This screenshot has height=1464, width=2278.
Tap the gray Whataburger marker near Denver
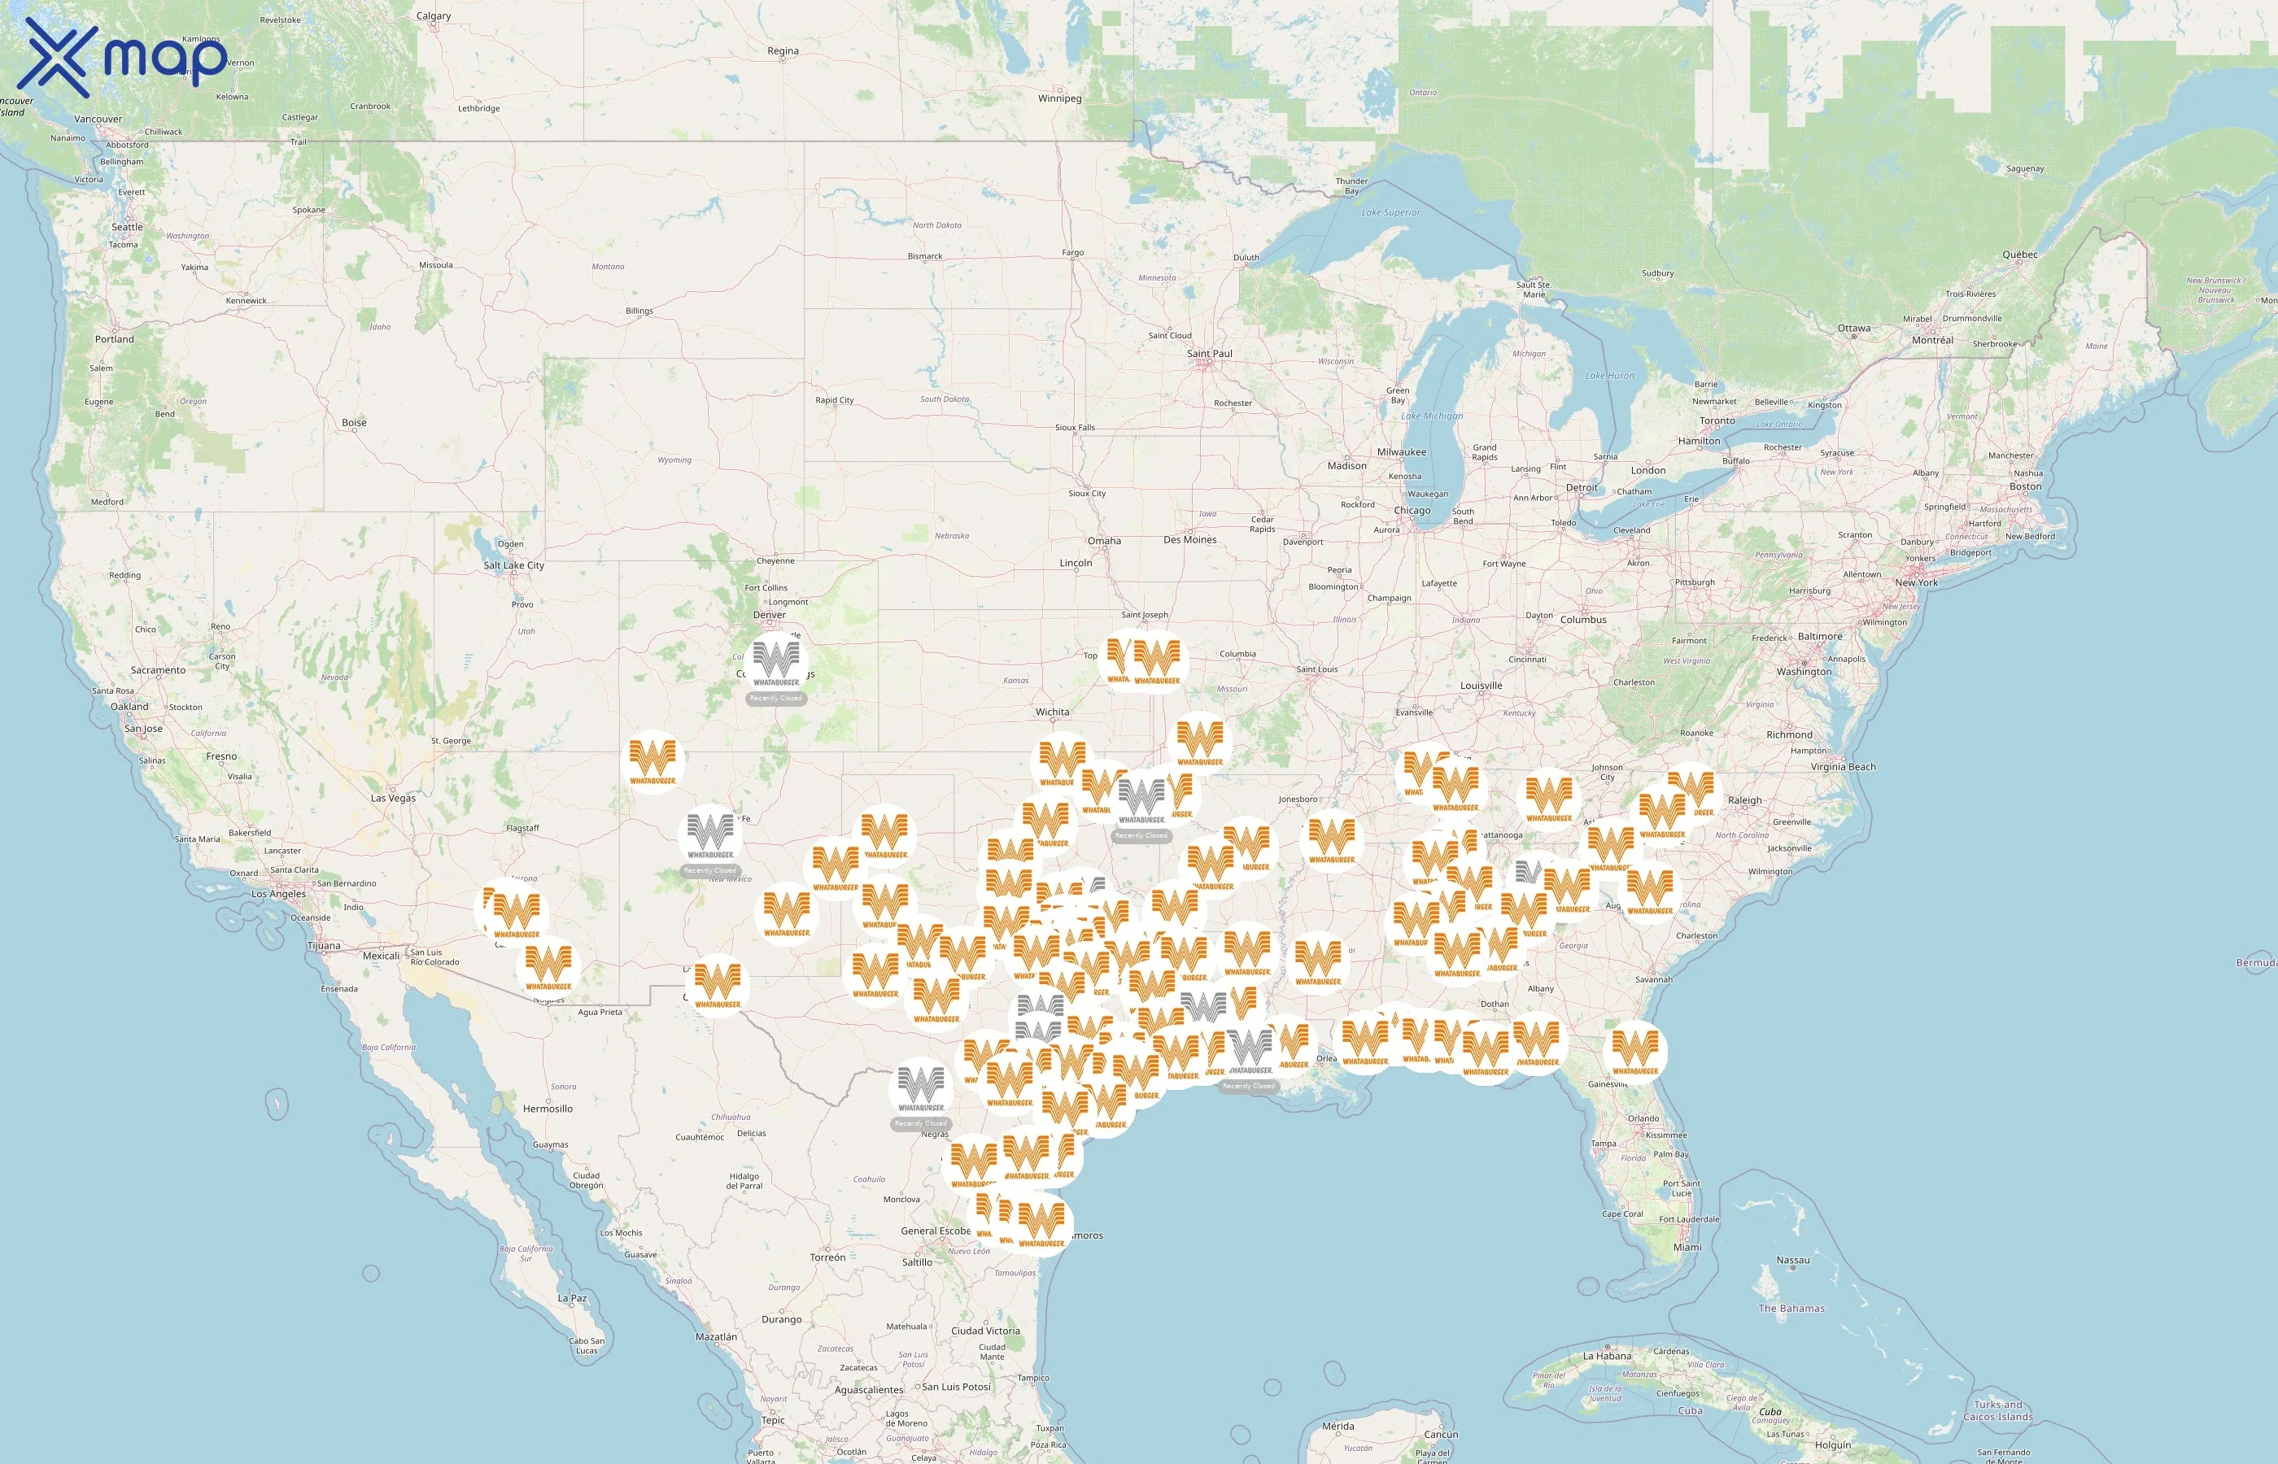(x=776, y=660)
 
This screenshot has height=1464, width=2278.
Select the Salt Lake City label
(x=513, y=565)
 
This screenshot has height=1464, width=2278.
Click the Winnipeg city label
(x=1059, y=99)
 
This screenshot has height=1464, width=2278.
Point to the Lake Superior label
(x=1390, y=213)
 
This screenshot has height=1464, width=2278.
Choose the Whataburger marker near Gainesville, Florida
(x=1634, y=1051)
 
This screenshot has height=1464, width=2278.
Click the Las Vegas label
(x=393, y=799)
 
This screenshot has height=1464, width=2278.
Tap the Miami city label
(x=1687, y=1248)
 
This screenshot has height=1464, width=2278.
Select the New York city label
(x=1916, y=582)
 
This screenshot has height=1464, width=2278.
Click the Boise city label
(x=354, y=423)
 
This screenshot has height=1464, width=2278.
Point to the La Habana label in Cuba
(x=1607, y=1357)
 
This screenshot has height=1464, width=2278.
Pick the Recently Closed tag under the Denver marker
(x=776, y=699)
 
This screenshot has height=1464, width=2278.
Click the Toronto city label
(x=1717, y=421)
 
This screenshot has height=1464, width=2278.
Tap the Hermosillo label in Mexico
(x=548, y=1109)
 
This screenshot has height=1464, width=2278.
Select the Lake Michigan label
(x=1432, y=416)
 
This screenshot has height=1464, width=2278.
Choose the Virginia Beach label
(x=1843, y=767)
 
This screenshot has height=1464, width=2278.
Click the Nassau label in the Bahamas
(x=1793, y=1261)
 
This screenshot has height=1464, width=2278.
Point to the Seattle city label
(x=128, y=227)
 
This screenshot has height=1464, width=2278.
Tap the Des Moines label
(x=1189, y=540)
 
